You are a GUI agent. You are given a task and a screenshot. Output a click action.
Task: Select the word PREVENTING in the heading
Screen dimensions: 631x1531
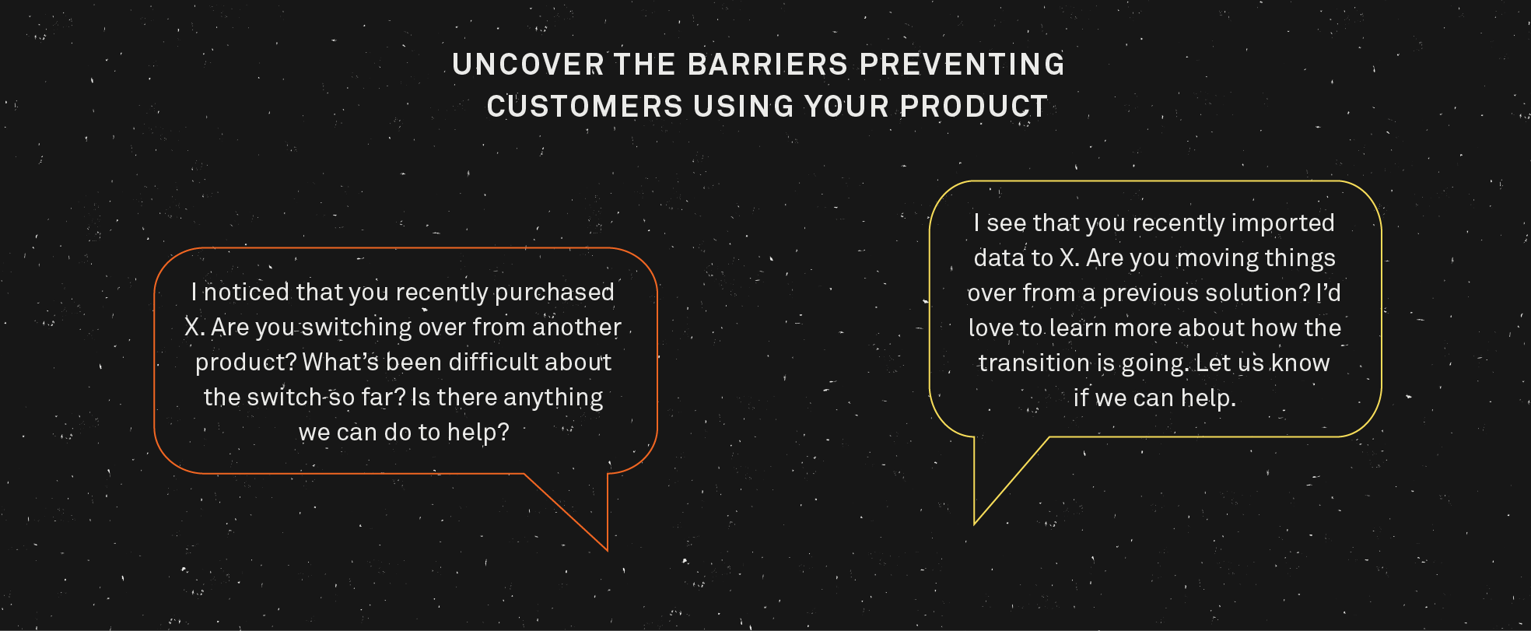pyautogui.click(x=962, y=65)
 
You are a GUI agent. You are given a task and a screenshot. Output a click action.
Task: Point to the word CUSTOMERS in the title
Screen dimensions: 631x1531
pyautogui.click(x=584, y=107)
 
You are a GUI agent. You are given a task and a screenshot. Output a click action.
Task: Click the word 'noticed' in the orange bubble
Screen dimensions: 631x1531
pyautogui.click(x=246, y=293)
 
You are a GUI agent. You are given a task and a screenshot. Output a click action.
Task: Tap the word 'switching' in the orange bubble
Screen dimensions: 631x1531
pyautogui.click(x=356, y=328)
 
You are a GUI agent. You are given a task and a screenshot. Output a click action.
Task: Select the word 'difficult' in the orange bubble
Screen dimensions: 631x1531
pyautogui.click(x=492, y=363)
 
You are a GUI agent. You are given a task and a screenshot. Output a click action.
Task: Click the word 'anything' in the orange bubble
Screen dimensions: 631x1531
pyautogui.click(x=553, y=398)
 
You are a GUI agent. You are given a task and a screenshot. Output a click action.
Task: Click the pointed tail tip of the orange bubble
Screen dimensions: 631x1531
pyautogui.click(x=606, y=549)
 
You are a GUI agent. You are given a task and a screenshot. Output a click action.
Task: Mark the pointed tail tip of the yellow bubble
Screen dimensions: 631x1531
pyautogui.click(x=975, y=523)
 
